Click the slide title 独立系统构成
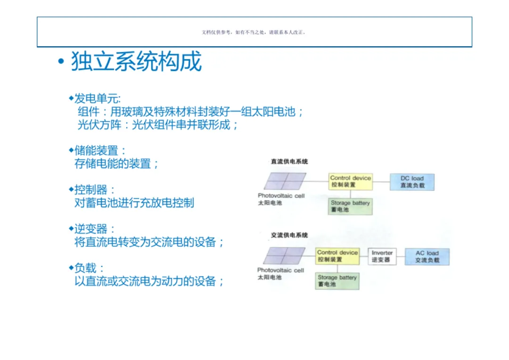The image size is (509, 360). coord(136,62)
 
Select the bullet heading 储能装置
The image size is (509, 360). coord(99,151)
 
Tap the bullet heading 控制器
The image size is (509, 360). coord(95,190)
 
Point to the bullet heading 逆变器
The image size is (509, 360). coord(95,229)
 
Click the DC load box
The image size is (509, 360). coord(412,182)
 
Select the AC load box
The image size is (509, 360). coord(427,257)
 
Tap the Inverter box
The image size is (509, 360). coord(382,256)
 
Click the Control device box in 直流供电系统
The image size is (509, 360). coord(351,181)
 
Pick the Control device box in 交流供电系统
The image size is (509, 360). coord(337,256)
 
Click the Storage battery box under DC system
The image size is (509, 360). coord(350,206)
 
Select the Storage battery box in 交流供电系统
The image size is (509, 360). coord(337,281)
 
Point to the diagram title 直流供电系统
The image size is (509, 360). coord(289,162)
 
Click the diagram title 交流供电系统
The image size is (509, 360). coord(289,235)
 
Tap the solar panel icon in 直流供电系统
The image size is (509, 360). coord(285,181)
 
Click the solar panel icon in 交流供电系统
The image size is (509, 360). coord(284,256)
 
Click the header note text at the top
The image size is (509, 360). coord(254,33)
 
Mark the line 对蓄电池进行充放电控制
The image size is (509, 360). coord(134,203)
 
